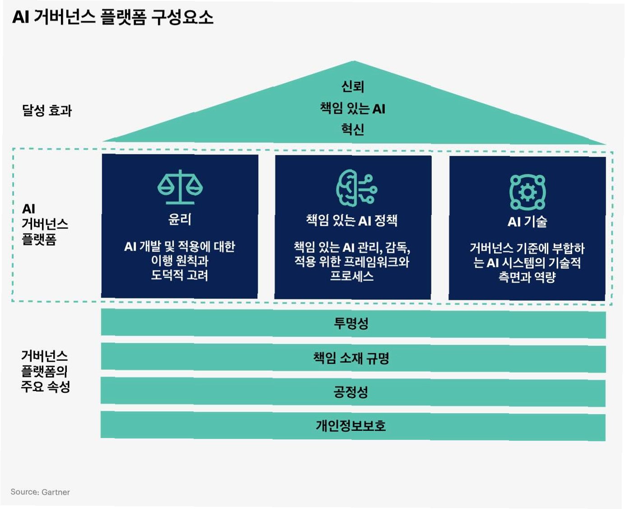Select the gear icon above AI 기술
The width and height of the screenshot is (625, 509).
(x=527, y=192)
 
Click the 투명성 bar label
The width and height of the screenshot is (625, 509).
(x=351, y=323)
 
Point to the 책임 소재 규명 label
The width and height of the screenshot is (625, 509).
(x=351, y=358)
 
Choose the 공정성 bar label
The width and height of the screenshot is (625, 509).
(x=351, y=392)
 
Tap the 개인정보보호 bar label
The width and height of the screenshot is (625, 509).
(x=351, y=425)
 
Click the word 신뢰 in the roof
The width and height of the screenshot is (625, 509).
(x=353, y=86)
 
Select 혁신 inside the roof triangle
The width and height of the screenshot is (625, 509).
(x=353, y=130)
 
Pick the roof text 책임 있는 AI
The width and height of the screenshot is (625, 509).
(x=353, y=108)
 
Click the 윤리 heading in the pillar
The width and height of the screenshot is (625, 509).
(x=180, y=219)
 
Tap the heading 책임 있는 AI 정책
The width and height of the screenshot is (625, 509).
(x=352, y=220)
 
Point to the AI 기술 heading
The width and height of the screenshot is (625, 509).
(x=527, y=222)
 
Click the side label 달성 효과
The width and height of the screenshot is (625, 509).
(x=47, y=111)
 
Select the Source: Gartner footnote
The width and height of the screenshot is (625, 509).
(x=40, y=492)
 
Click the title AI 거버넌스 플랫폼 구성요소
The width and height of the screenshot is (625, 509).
(x=113, y=17)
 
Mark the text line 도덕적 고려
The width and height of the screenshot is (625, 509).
(x=180, y=275)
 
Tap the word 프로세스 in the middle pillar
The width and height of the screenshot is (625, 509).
(x=352, y=276)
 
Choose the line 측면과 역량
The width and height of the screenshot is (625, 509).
(x=527, y=277)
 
